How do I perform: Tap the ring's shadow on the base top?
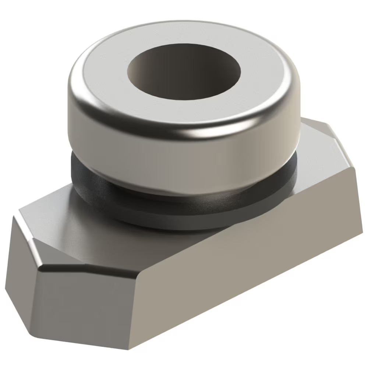pyautogui.click(x=155, y=236)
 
